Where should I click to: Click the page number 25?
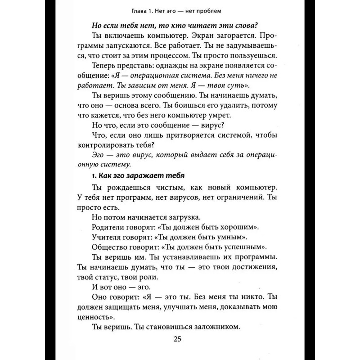180,339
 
